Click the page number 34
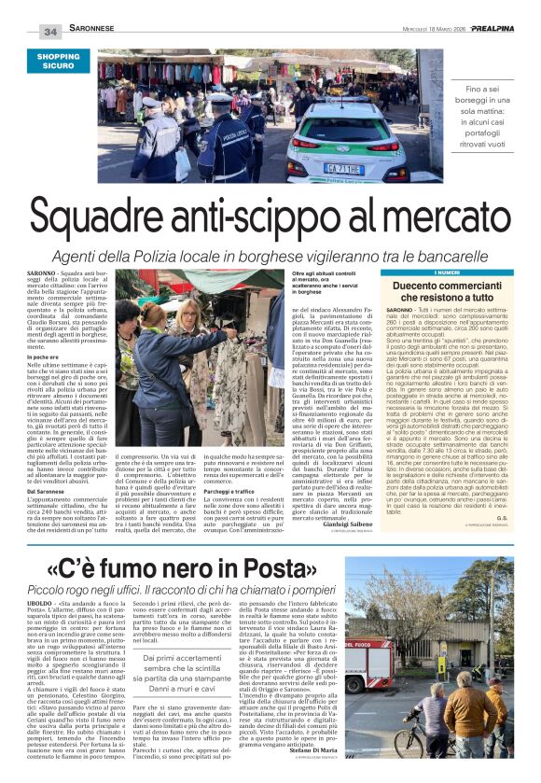(49, 33)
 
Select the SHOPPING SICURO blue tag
(59, 62)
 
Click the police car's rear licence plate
(343, 168)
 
